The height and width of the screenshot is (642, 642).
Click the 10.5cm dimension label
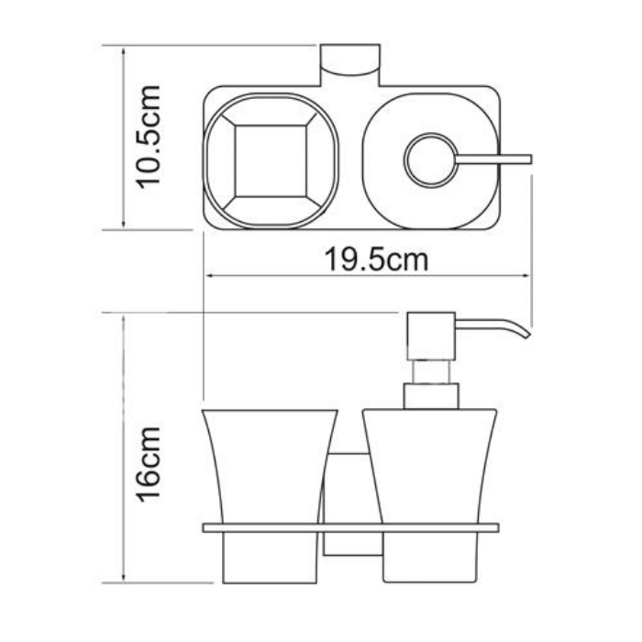coord(148,138)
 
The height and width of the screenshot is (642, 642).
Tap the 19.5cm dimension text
coord(376,260)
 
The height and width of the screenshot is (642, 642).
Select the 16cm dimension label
coord(148,464)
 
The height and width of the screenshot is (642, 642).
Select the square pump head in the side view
coord(431,337)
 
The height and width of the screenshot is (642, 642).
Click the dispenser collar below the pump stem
coord(431,396)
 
